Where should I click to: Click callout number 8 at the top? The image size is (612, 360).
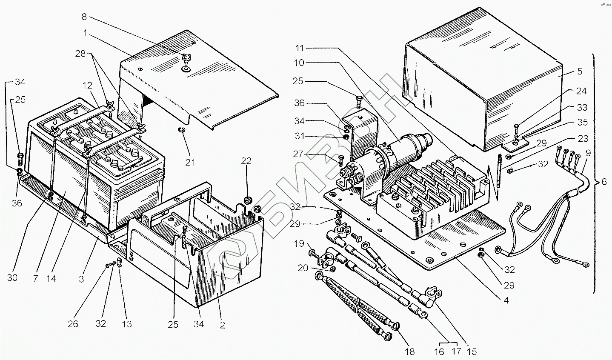point(84,17)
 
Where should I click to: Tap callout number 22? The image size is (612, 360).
point(246,161)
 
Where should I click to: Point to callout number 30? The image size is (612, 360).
point(12,277)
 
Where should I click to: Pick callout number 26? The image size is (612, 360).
point(73,324)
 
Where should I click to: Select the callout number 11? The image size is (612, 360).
point(300,49)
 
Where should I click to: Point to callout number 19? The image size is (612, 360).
point(299,244)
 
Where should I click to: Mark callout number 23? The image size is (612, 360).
point(583,138)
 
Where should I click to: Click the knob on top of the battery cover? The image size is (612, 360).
point(186,58)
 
